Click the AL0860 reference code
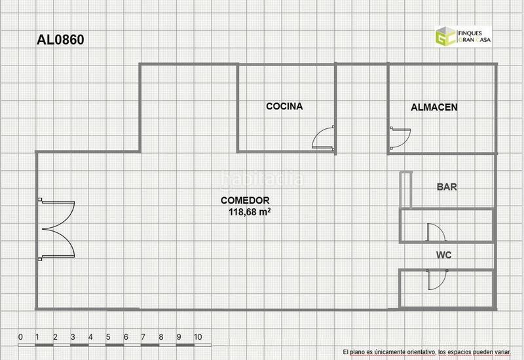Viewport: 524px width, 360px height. pos(60,40)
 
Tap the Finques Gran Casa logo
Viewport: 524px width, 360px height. pos(463,36)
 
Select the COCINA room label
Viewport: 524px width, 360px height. pos(284,106)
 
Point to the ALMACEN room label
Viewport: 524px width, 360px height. pos(434,107)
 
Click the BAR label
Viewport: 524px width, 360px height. pos(447,187)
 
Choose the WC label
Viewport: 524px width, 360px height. pos(444,255)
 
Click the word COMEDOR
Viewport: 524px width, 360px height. pos(245,200)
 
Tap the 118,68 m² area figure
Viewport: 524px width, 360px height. pos(250,212)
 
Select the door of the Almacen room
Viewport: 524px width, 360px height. pos(400,137)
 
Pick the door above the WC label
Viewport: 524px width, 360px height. pos(436,232)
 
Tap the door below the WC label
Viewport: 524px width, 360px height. pos(437,279)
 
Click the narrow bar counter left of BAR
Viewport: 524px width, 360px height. pos(406,190)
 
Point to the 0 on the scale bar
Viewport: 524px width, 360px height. pos(20,337)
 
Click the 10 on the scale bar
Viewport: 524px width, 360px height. pos(198,337)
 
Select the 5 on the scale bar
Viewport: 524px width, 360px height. pos(108,337)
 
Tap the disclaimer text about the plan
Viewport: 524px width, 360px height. pos(426,352)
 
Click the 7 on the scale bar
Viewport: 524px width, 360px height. pos(143,337)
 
